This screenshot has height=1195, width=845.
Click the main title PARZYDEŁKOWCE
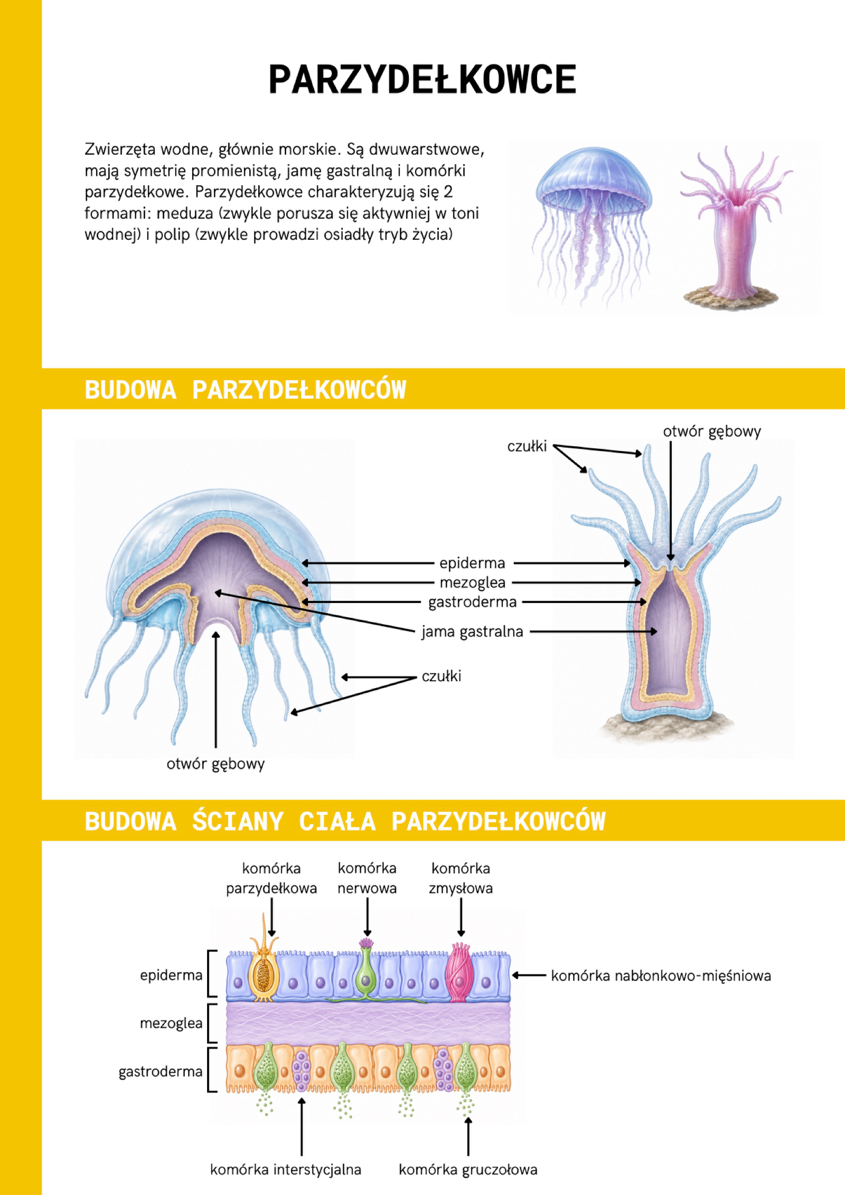point(422,80)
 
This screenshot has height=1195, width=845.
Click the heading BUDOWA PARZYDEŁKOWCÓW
point(246,390)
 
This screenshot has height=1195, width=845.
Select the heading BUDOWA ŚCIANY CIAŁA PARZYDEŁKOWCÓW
point(345,821)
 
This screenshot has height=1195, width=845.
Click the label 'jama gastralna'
point(472,632)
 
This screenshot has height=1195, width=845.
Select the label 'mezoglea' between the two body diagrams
point(473,582)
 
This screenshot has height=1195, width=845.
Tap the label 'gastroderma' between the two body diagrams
point(472,602)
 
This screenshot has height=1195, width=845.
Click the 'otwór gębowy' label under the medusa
point(215,764)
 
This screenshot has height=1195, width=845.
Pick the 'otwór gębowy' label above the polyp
point(712,432)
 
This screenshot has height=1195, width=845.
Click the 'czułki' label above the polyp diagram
point(527,447)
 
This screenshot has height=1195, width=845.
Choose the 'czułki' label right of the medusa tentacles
point(441,676)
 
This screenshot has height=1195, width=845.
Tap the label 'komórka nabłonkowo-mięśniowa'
point(661,975)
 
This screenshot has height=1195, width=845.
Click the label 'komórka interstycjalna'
point(286,1169)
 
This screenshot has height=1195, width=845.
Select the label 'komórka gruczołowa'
point(468,1169)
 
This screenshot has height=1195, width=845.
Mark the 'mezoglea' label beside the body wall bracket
point(171,1023)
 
